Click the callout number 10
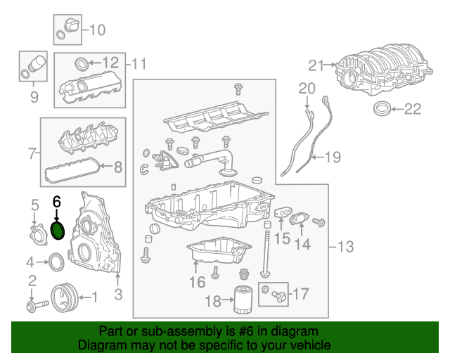coord(96,30)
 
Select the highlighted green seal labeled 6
coord(58,230)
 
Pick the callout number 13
coord(345,247)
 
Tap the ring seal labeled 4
coord(56,263)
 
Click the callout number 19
coord(331,157)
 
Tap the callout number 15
coord(281,239)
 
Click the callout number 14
coord(302,244)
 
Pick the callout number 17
coord(300,293)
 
